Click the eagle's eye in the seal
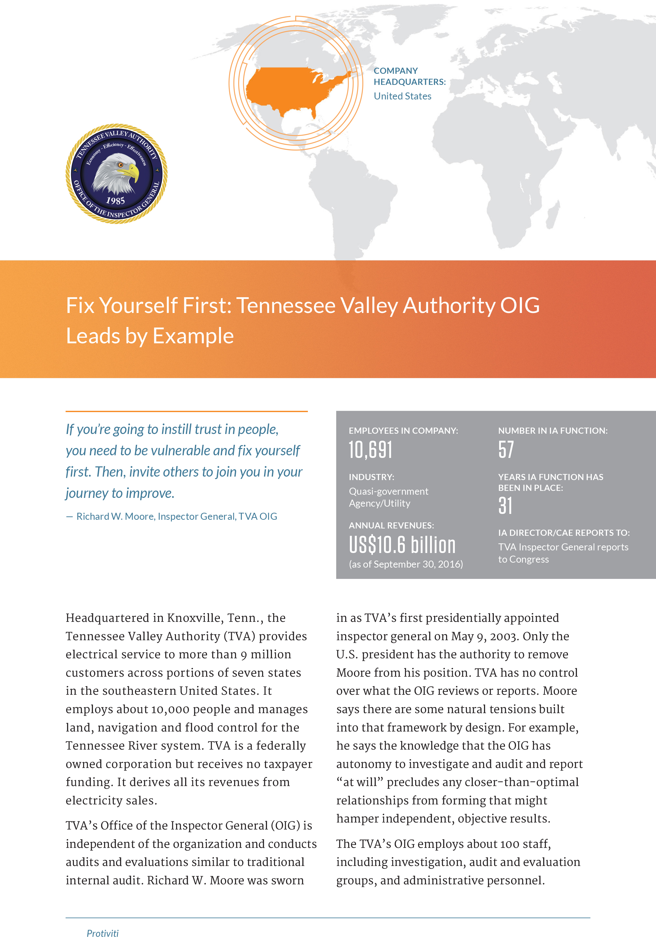pos(120,165)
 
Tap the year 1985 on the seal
pos(115,201)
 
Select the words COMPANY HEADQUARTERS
pos(409,76)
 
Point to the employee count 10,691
pos(370,449)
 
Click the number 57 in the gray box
pos(506,449)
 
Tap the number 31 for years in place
pos(505,505)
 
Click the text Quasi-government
pos(388,491)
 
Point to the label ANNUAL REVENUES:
pos(391,526)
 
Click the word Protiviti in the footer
pos(102,934)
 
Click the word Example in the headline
pos(193,336)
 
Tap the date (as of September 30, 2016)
pos(406,564)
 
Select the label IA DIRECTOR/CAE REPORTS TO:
pos(564,533)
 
